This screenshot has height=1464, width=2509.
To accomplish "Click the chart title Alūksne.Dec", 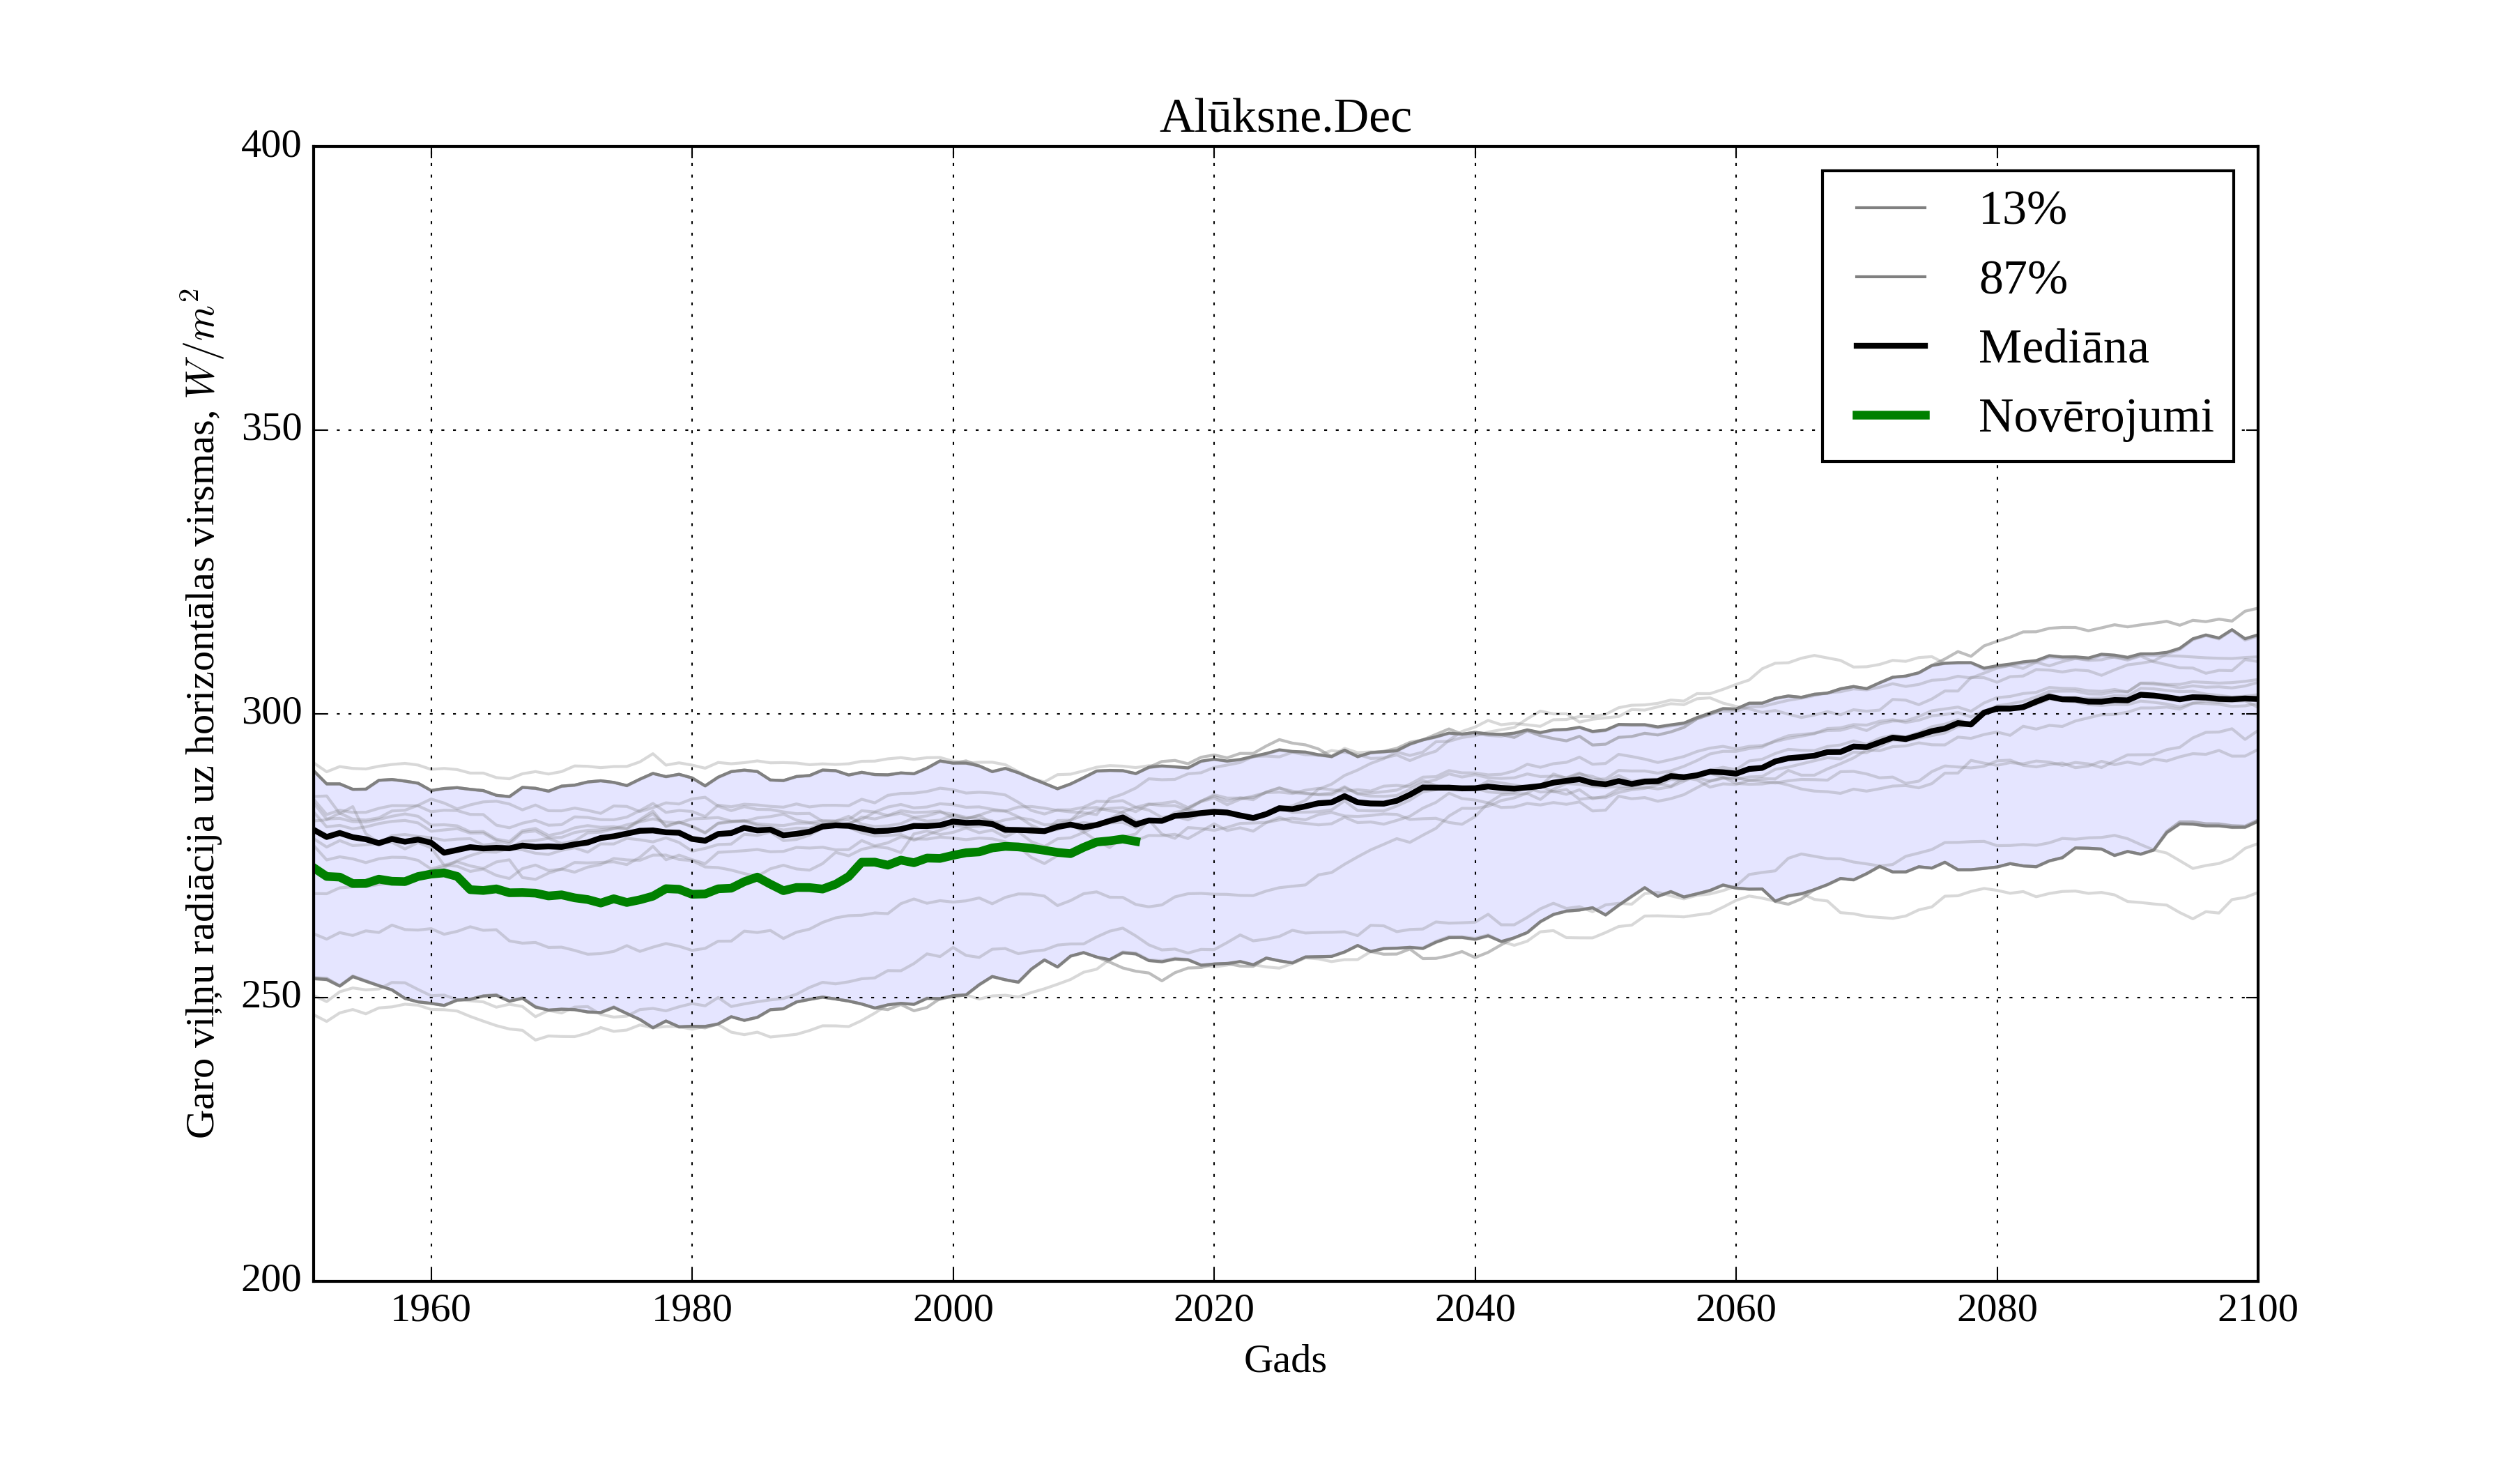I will point(1284,118).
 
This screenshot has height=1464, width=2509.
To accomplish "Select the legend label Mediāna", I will point(2063,348).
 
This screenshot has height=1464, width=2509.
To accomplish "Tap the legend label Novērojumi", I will point(2095,416).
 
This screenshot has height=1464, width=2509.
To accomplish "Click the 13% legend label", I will point(2022,209).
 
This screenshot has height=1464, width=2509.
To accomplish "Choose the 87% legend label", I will point(2022,278).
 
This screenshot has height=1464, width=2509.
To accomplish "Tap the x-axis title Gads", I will point(1284,1359).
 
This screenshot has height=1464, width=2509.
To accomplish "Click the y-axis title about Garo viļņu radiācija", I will point(200,713).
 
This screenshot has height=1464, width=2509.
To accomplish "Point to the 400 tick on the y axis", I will point(271,146).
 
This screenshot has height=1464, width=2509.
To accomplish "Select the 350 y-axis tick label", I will point(271,429).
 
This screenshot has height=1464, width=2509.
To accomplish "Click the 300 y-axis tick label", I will point(271,713).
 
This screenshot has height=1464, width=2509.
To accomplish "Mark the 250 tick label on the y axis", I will point(271,996).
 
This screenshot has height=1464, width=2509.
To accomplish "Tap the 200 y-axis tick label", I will point(271,1280).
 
